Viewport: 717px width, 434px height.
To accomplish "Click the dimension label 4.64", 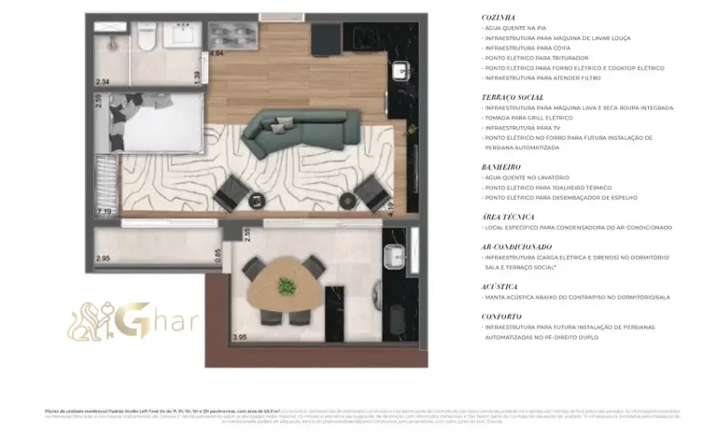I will [x=217, y=53].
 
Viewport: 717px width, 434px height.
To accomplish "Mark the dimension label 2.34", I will [x=102, y=82].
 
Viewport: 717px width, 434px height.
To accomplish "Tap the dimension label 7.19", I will [x=104, y=213].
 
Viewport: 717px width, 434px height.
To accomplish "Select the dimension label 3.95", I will [x=239, y=337].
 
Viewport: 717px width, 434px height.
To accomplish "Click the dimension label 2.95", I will [x=103, y=258].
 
